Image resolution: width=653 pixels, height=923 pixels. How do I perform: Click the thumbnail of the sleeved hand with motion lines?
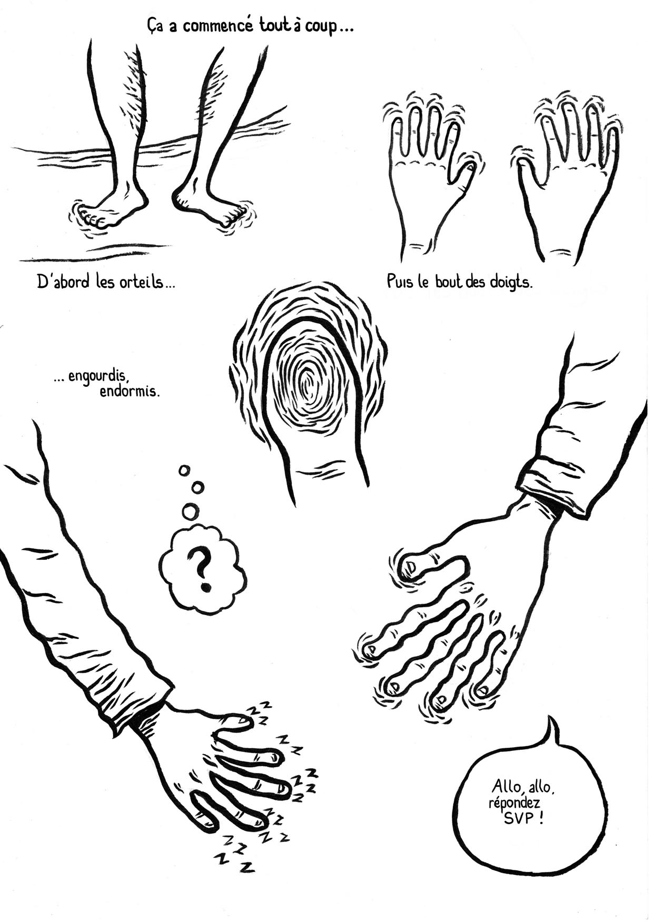[411, 566]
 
